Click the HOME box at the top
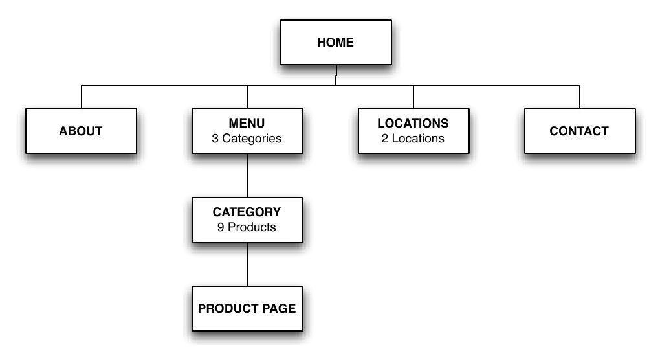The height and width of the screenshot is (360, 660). coord(336,43)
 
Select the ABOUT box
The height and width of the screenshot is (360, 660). coord(81,131)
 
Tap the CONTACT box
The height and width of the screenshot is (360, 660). coord(579,131)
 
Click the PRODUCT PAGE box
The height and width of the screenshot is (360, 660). coord(247,308)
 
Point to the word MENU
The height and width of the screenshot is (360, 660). coord(247,123)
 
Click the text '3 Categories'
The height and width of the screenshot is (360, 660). coord(247,139)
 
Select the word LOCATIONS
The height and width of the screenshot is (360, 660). coord(413,123)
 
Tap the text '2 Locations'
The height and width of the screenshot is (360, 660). coord(413,139)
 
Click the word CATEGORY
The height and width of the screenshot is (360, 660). coord(247,212)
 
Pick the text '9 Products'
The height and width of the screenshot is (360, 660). coord(247,227)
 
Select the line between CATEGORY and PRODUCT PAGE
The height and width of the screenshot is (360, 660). coord(247,264)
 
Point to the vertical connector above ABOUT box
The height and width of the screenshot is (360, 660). coord(82,96)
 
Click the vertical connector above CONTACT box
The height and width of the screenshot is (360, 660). coord(580,96)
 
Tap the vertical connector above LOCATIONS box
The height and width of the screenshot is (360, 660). coord(413,96)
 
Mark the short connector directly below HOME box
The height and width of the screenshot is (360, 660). coord(336,74)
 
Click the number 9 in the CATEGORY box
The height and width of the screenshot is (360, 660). coord(221,227)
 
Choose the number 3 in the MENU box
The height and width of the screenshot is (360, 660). coord(215,139)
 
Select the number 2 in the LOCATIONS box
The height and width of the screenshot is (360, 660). coord(384,139)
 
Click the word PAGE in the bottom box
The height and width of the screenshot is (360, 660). coord(279,308)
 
